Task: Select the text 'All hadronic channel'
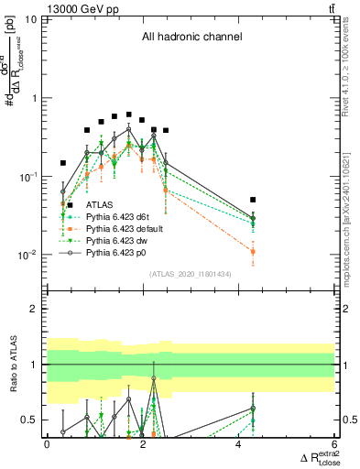(x=191, y=38)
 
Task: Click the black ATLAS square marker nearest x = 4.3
(x=253, y=199)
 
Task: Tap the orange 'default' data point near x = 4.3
(x=253, y=251)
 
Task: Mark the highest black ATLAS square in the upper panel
(x=129, y=115)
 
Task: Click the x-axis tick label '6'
(x=334, y=443)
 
